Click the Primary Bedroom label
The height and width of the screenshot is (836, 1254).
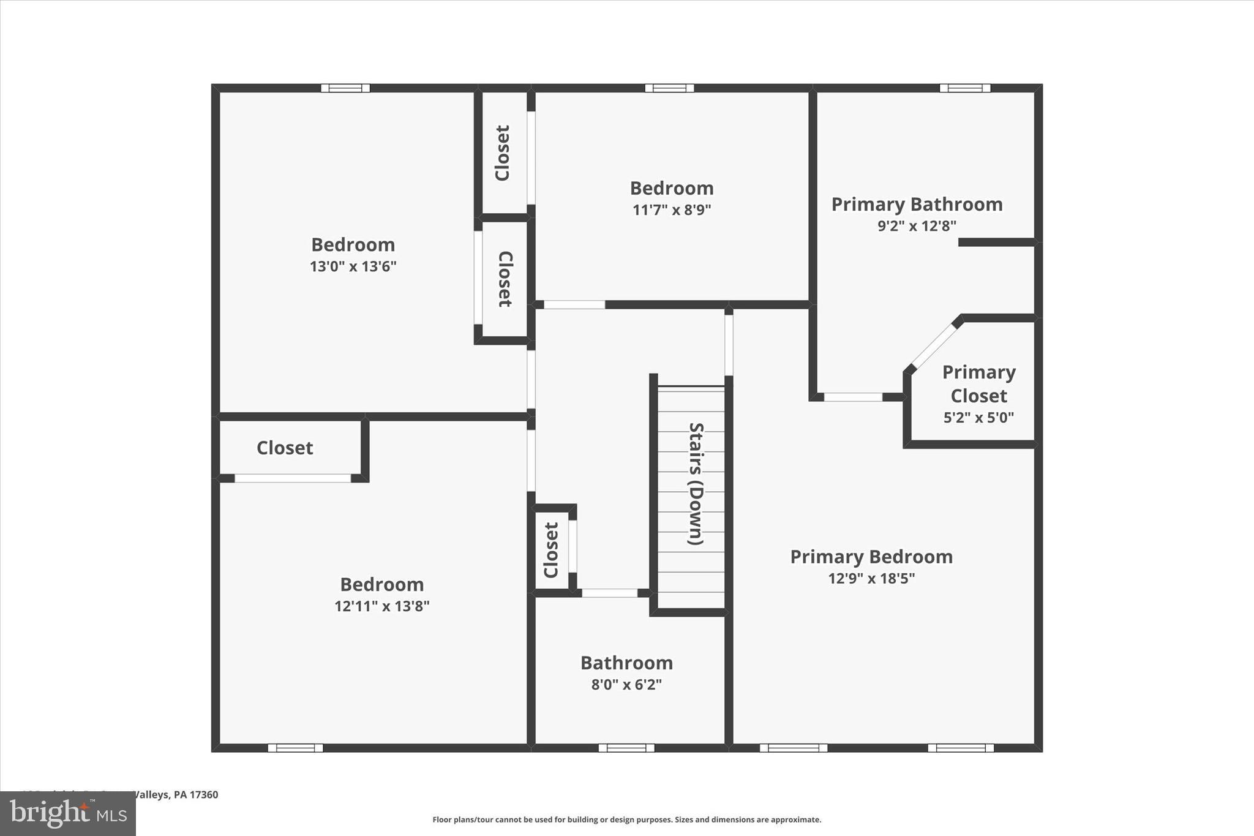(x=871, y=557)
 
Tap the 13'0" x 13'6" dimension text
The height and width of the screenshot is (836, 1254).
(x=353, y=266)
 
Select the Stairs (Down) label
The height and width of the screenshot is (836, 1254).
(x=696, y=483)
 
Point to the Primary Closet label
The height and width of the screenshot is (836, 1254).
(x=978, y=384)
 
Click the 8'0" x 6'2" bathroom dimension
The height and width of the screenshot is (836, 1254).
(x=626, y=684)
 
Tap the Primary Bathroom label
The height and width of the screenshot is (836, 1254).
(x=917, y=204)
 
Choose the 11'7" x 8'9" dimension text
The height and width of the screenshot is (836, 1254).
(x=671, y=210)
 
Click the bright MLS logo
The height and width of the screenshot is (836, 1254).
(x=67, y=813)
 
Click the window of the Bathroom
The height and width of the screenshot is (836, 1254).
(x=626, y=748)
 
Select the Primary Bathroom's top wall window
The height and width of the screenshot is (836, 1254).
(x=965, y=88)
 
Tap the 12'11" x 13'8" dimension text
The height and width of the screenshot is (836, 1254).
(x=381, y=606)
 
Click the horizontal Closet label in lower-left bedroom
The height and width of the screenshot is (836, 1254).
(x=285, y=448)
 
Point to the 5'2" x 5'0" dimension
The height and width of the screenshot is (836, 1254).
(x=978, y=418)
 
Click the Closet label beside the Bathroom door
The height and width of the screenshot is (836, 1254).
(x=551, y=550)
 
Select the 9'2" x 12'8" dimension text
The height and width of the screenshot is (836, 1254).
(x=917, y=226)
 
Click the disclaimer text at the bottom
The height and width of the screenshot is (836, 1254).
(x=626, y=819)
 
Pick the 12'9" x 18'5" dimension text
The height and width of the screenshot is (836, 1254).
(x=871, y=578)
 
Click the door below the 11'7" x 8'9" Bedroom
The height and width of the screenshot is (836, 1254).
(x=574, y=304)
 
